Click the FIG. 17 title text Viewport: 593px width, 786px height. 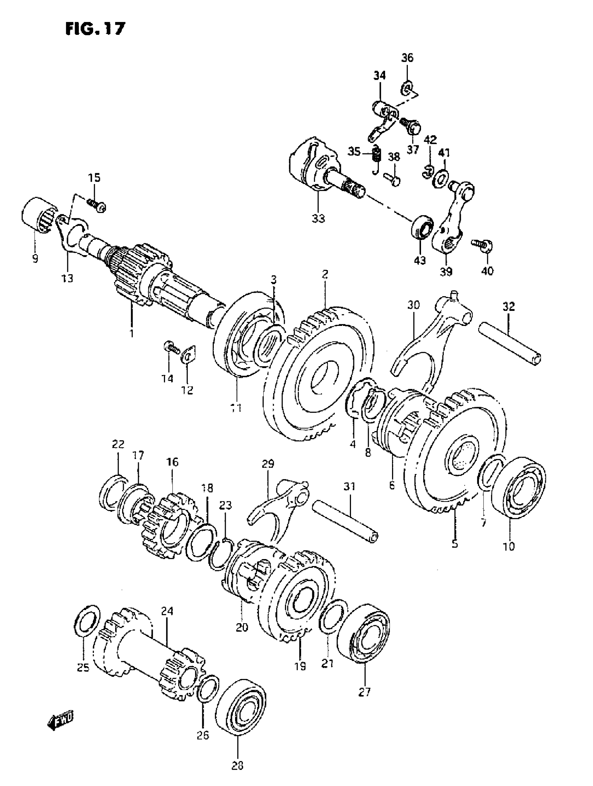(95, 29)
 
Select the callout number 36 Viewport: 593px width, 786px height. (407, 58)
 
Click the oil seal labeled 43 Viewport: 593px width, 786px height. (422, 226)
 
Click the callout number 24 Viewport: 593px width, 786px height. (167, 611)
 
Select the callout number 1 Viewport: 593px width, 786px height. (132, 334)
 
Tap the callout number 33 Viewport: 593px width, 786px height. (318, 219)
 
